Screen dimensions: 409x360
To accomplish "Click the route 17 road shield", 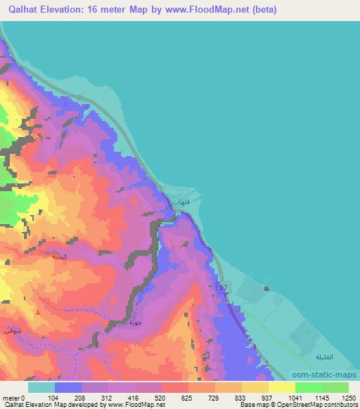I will pyautogui.click(x=224, y=288).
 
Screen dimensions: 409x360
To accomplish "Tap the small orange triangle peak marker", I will pyautogui.click(x=37, y=302).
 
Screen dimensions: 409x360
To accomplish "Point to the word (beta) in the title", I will pyautogui.click(x=260, y=10).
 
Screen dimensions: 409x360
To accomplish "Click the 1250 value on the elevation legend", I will pyautogui.click(x=347, y=397).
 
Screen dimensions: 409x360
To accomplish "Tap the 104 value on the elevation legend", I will pyautogui.click(x=56, y=397).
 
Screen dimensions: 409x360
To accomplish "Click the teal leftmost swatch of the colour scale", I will pyautogui.click(x=41, y=387).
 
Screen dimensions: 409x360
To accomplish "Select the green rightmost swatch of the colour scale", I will pyautogui.click(x=335, y=387).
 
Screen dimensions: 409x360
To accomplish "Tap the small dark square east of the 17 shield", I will pyautogui.click(x=266, y=287).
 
